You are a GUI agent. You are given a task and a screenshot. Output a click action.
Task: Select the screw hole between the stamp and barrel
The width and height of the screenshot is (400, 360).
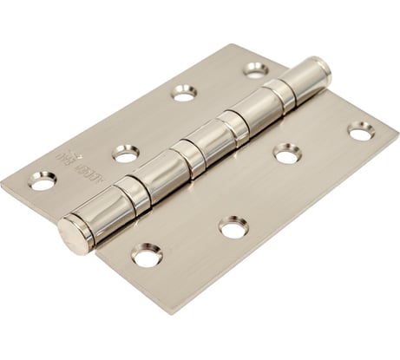[126, 154]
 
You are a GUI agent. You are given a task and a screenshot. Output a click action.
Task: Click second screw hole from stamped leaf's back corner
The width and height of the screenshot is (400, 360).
[184, 91]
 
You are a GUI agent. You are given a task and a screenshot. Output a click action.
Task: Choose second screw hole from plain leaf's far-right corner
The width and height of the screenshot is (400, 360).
[287, 154]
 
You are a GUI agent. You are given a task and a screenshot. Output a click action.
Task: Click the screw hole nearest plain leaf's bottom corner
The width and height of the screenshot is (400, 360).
[147, 255]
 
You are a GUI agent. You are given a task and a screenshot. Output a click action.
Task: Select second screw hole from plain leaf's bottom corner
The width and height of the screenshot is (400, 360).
[233, 227]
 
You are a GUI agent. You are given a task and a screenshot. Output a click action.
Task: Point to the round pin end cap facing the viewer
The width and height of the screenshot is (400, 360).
[75, 234]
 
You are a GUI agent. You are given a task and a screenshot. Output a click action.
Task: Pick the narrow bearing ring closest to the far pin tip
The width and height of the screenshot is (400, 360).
[279, 95]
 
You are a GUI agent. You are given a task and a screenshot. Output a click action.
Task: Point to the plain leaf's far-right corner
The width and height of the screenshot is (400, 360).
[396, 130]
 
